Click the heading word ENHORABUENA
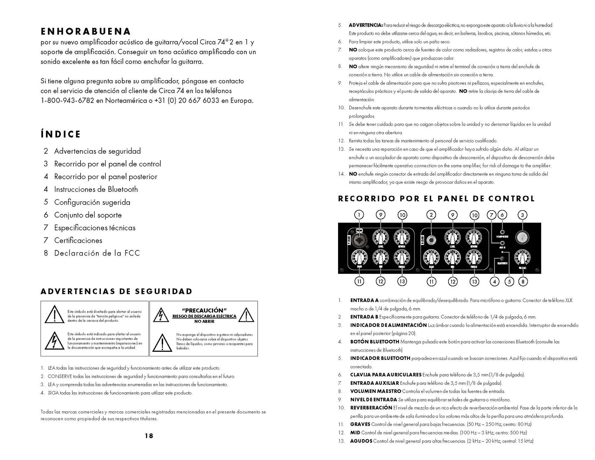coord(86,32)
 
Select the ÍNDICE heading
coord(61,134)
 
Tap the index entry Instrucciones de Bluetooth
coord(96,189)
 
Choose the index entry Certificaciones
coord(78,241)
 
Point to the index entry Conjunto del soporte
coord(88,215)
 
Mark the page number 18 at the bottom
coord(149,436)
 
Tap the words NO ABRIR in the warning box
coord(204,321)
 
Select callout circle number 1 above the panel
coord(359,215)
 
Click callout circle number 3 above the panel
coord(523,215)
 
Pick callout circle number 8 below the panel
coord(523,281)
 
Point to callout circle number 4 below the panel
coord(494,281)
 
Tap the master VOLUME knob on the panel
coord(522,258)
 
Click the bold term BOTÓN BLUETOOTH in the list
coord(374,342)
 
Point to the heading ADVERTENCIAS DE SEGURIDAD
coord(117,292)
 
